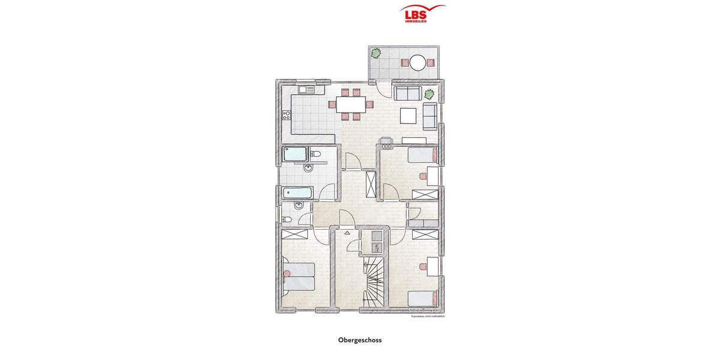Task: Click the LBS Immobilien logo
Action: (422, 13)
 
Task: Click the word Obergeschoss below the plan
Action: (360, 340)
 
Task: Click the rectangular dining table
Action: (350, 104)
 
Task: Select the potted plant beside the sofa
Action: (429, 94)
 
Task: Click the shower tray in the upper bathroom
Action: (295, 154)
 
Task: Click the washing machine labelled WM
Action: (377, 247)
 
